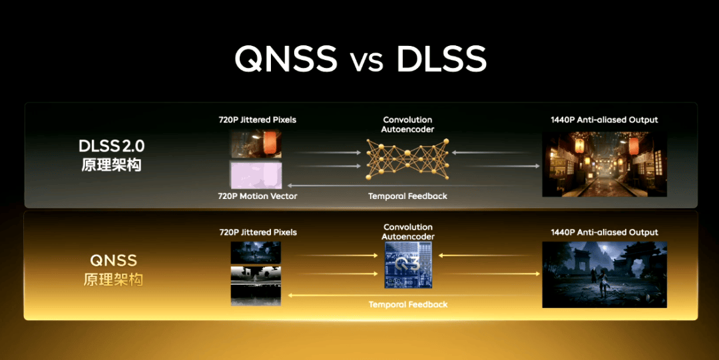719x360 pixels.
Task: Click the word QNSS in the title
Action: (x=286, y=59)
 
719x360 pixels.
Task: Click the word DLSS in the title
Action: (x=441, y=59)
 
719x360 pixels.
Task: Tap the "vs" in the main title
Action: (x=367, y=61)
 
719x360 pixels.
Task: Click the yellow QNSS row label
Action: (x=113, y=269)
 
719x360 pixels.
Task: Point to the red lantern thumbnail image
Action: (x=256, y=144)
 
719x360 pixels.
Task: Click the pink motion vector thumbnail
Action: (x=256, y=174)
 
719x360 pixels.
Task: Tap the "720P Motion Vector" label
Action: (x=257, y=196)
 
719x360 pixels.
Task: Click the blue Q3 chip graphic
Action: (x=408, y=265)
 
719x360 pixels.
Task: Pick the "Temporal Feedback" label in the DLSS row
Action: (x=407, y=196)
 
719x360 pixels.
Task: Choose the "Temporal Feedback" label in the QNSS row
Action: (x=408, y=304)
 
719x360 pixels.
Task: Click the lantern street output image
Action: (x=604, y=164)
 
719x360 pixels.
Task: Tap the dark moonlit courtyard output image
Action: (x=604, y=274)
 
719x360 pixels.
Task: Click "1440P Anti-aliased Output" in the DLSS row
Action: (x=604, y=120)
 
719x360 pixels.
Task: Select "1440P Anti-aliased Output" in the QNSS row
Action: (x=604, y=232)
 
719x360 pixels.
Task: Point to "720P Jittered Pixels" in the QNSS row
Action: (x=258, y=232)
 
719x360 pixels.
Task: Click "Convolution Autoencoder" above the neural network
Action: (x=407, y=124)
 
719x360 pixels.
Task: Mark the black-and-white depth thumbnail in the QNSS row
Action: (x=256, y=274)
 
